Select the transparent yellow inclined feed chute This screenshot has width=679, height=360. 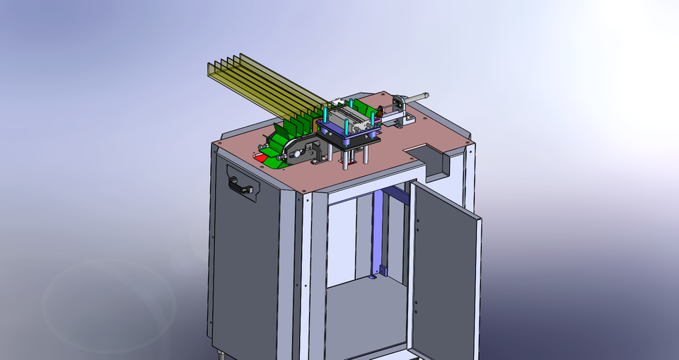[255, 85]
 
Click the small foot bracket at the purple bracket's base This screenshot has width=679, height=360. [383, 271]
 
